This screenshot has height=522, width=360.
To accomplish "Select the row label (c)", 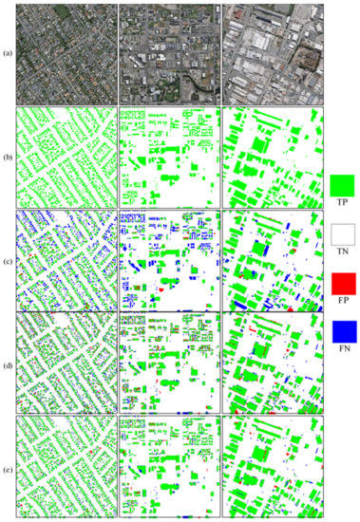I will pos(7,255).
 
